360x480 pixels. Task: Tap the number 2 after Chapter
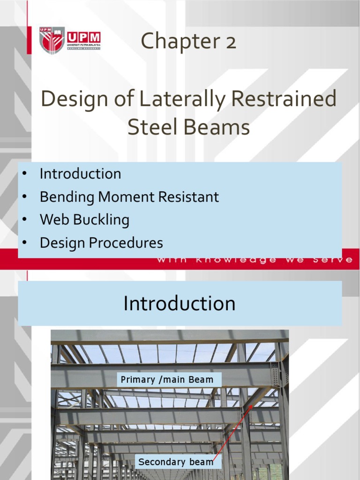pos(230,41)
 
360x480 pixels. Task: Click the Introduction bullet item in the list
pos(80,174)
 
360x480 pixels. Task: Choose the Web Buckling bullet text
pos(84,220)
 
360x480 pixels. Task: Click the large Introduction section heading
pos(180,303)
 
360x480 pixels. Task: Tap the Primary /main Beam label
pos(167,380)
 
